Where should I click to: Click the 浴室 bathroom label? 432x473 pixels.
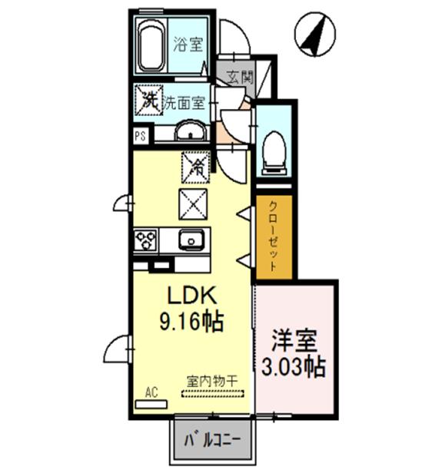click(187, 44)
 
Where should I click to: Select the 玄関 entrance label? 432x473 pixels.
click(239, 77)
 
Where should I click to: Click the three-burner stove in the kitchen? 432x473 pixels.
click(145, 240)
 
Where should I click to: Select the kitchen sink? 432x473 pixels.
click(190, 240)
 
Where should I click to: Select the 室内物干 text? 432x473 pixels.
click(212, 380)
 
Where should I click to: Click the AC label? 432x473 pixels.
click(151, 391)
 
